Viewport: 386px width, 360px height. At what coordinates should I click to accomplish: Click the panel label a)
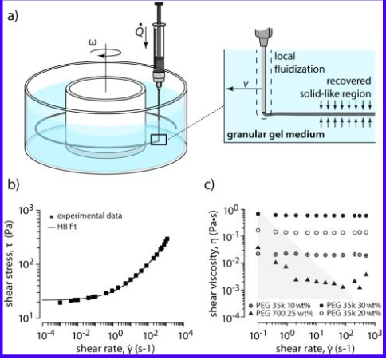pyautogui.click(x=13, y=17)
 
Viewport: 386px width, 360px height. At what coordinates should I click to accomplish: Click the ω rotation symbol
pyautogui.click(x=93, y=42)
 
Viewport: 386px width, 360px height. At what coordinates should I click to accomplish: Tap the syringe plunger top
pyautogui.click(x=160, y=3)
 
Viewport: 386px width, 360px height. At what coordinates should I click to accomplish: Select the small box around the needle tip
pyautogui.click(x=159, y=140)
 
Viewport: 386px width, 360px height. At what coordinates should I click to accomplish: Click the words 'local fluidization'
pyautogui.click(x=299, y=62)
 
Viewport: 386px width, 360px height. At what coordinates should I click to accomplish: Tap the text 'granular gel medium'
pyautogui.click(x=275, y=134)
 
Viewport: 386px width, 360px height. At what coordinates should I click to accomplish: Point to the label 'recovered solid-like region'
pyautogui.click(x=336, y=87)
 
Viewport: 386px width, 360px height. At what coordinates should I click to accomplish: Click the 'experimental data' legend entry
pyautogui.click(x=87, y=216)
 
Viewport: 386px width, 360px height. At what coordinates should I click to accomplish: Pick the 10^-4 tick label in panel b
pyautogui.click(x=44, y=335)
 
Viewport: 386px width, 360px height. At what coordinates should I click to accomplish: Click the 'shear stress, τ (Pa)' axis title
pyautogui.click(x=10, y=264)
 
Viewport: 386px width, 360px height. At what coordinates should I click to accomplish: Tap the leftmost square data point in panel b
pyautogui.click(x=60, y=303)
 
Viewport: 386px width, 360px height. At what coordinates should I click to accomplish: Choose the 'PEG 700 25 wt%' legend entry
pyautogui.click(x=282, y=314)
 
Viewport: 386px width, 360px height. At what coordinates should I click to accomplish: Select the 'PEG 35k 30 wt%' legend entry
pyautogui.click(x=350, y=305)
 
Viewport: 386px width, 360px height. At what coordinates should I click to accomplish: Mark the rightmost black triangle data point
pyautogui.click(x=366, y=274)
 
